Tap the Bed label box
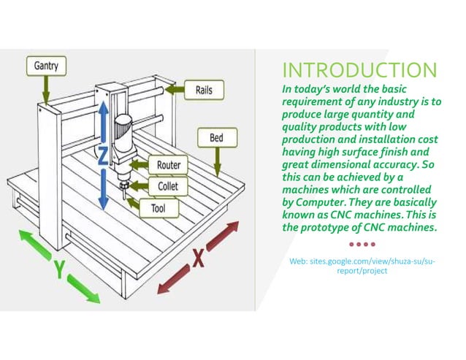[x=216, y=137]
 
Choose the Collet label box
[x=167, y=186]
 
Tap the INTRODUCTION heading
[x=359, y=70]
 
